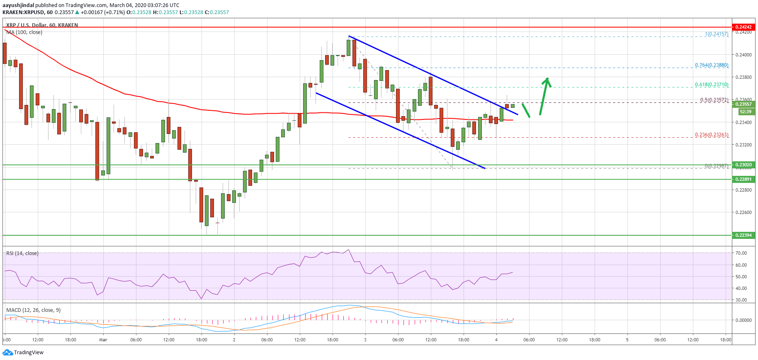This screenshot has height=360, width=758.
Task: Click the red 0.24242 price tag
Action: pyautogui.click(x=743, y=27)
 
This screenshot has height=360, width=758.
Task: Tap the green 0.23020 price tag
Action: pyautogui.click(x=743, y=165)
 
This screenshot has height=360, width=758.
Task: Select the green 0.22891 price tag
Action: pyautogui.click(x=743, y=179)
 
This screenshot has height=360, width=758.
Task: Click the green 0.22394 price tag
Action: pyautogui.click(x=743, y=235)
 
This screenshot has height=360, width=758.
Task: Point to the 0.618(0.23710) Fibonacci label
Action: pyautogui.click(x=712, y=85)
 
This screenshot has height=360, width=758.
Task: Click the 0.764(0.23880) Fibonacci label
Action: pyautogui.click(x=712, y=65)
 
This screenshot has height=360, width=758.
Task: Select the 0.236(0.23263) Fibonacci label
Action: pyautogui.click(x=712, y=135)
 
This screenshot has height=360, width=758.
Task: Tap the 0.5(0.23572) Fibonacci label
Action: pyautogui.click(x=714, y=100)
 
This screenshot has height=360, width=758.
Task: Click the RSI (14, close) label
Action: pyautogui.click(x=22, y=253)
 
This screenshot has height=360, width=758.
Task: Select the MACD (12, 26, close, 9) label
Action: pyautogui.click(x=33, y=310)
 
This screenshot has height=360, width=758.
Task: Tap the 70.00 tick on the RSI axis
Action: pyautogui.click(x=741, y=253)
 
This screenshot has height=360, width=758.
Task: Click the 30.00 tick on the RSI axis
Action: pyautogui.click(x=741, y=300)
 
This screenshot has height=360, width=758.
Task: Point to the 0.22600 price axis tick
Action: pyautogui.click(x=743, y=212)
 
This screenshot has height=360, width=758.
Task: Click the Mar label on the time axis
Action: pyautogui.click(x=103, y=340)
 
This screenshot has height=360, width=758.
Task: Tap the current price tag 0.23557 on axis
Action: pyautogui.click(x=743, y=104)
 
